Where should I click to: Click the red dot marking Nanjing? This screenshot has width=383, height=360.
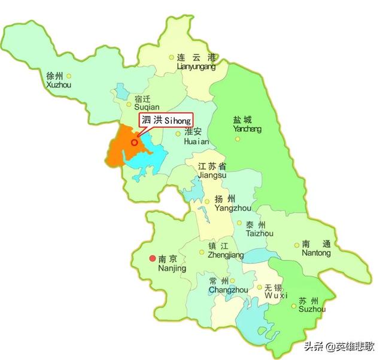[151, 259]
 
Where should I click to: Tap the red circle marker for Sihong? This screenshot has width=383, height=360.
[134, 142]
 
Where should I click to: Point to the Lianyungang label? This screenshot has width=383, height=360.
[196, 62]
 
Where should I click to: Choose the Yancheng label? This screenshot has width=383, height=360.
[247, 124]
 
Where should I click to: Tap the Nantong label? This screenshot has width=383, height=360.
[316, 249]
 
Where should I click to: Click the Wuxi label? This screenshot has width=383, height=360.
[276, 292]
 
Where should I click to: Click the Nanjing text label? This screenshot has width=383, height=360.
[172, 264]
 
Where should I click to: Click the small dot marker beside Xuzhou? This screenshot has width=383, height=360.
[69, 75]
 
